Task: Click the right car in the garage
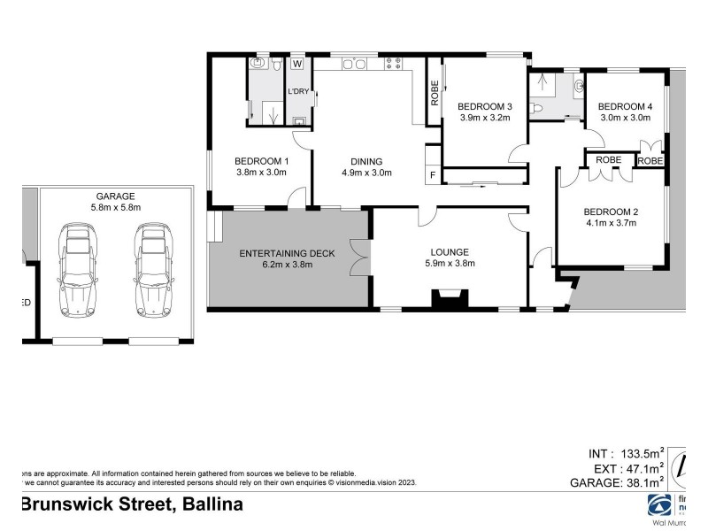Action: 151,270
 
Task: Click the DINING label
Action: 366,161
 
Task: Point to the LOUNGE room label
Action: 450,251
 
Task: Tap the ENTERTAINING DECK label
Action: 288,254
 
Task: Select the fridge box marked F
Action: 433,175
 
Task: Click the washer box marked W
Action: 297,64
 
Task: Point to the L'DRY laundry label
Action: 298,91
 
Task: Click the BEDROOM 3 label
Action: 484,104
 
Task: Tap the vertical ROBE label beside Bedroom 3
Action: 435,93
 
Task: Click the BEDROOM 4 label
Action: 626,106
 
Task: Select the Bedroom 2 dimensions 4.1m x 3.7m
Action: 611,223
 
